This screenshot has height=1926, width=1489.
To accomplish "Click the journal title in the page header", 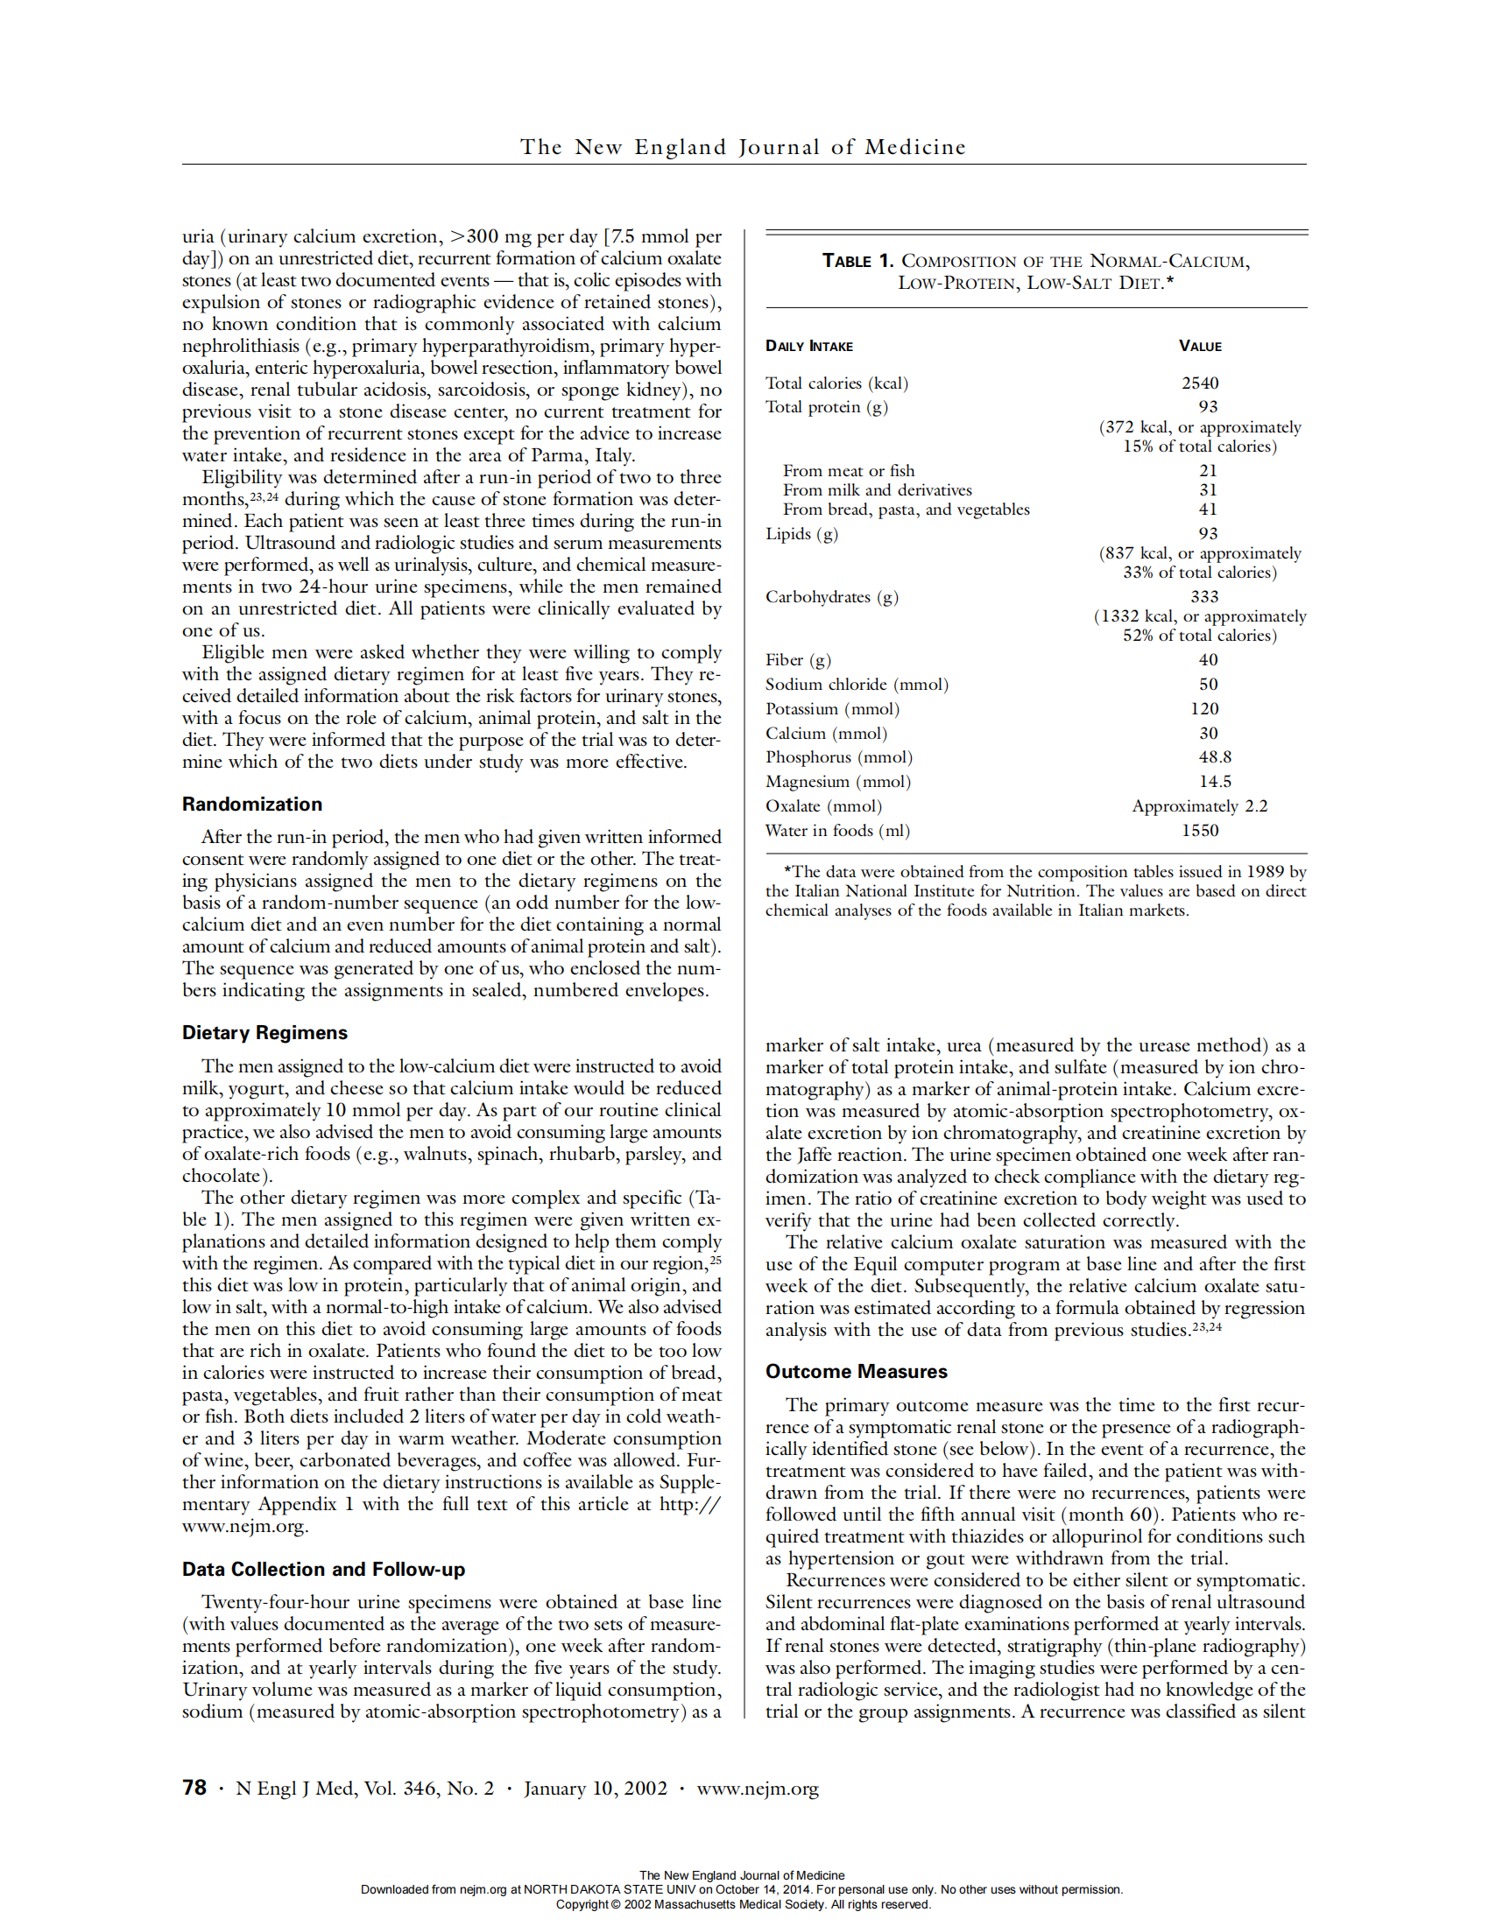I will pos(743,146).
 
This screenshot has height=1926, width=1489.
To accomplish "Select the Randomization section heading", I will pos(252,805).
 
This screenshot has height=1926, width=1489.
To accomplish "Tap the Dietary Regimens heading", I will pos(265,1033).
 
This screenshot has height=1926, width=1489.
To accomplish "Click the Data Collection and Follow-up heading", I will pos(323,1569).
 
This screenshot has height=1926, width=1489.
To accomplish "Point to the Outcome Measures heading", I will pos(856,1371).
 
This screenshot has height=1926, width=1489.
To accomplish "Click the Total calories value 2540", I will pos(1200,383).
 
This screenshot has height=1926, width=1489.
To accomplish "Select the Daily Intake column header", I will pos(809,346).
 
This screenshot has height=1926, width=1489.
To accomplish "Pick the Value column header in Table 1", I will pos(1200,346).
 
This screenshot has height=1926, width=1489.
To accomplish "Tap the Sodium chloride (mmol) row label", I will pos(857,685).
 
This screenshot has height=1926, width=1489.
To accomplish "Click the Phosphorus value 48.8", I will pos(1215,756).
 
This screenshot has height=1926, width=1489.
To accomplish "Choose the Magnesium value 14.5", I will pos(1215,781).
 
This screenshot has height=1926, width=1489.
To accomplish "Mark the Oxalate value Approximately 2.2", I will pos(1200,806).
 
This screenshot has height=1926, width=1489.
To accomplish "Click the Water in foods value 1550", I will pos(1200,831).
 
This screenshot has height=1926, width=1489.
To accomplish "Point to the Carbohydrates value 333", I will pos(1204,596).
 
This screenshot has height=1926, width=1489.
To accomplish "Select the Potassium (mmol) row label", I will pos(832,709).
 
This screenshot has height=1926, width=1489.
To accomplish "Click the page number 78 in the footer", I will pos(194,1788).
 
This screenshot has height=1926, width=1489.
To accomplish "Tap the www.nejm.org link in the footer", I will pos(757,1789).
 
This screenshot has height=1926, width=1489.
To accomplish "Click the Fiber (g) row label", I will pos(797,659).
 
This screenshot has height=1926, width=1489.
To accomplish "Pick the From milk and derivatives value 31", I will pos(1208,490).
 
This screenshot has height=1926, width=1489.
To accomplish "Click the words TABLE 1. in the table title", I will pos(857,261).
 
